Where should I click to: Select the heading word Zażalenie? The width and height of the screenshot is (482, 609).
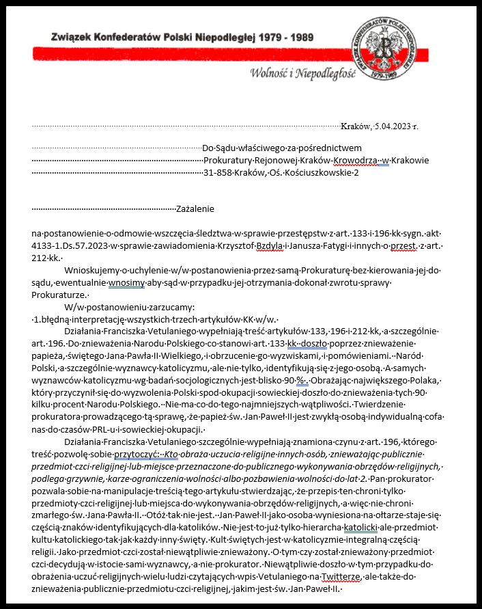tap(196, 208)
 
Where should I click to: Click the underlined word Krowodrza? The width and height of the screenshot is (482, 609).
tap(354, 160)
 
